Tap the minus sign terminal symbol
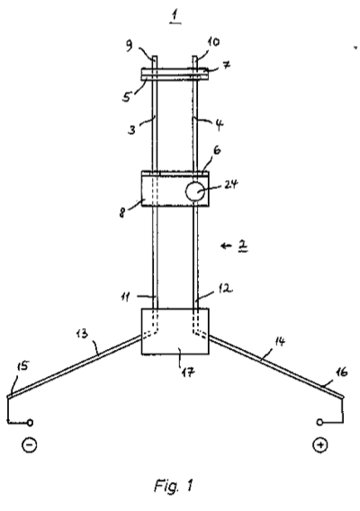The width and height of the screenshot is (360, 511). (30, 444)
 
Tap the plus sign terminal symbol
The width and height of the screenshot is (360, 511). (319, 444)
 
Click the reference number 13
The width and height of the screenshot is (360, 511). (82, 334)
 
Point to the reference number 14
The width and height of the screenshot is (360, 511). (280, 342)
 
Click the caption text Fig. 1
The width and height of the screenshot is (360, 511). (174, 486)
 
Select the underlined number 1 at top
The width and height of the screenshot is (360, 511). (175, 17)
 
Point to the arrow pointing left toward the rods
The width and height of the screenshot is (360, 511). (226, 246)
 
